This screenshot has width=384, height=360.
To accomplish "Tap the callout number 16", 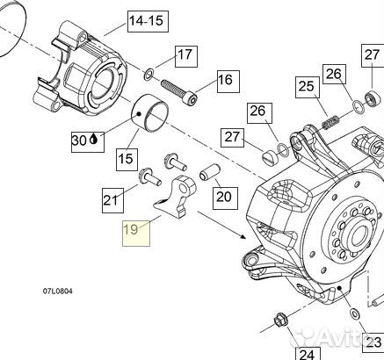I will coord(225,80).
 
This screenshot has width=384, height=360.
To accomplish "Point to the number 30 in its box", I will coord(79,139).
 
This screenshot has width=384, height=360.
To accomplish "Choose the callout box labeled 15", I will coord(126,160).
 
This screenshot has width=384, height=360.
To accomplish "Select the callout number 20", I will coord(223,196).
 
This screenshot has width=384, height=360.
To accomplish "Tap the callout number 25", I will coord(305,86).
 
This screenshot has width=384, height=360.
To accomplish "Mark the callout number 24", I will coord(306,354).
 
